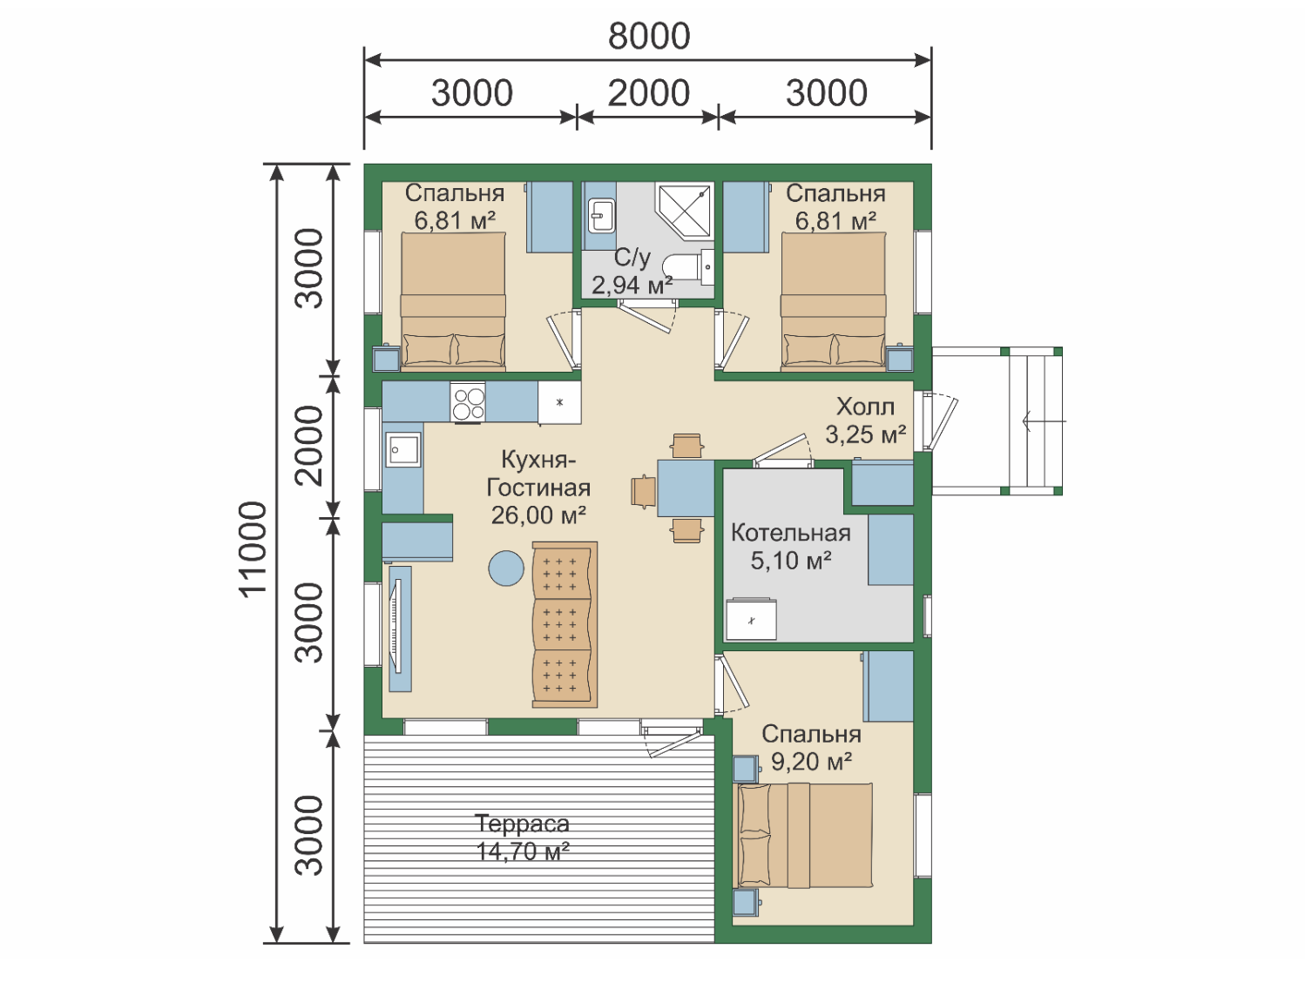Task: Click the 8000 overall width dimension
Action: tap(649, 37)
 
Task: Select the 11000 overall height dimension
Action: tap(254, 548)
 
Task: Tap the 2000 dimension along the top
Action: tap(648, 93)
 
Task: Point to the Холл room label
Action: tap(865, 407)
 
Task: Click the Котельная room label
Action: tap(791, 533)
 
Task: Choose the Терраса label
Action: tap(522, 824)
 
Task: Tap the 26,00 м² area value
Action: tap(538, 515)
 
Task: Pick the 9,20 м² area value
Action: tap(812, 762)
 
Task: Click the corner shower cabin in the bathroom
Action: tap(684, 210)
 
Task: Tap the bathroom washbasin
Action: tap(601, 215)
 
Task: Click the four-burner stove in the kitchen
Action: tap(468, 402)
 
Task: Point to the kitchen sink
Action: tap(402, 448)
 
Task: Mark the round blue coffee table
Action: tap(506, 568)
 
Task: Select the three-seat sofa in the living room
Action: tap(565, 624)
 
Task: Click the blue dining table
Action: tap(686, 488)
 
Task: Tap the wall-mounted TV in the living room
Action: tap(398, 626)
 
